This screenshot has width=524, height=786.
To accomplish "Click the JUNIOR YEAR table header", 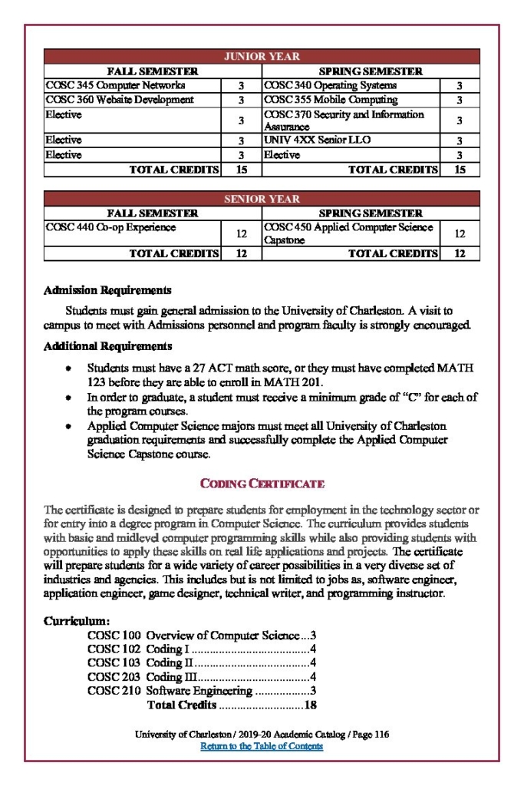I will [x=262, y=57].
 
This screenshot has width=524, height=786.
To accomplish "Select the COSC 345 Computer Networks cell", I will [x=116, y=85].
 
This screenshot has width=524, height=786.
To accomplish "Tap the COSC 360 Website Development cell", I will [x=120, y=100].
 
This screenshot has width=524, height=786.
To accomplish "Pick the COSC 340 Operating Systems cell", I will [x=331, y=85].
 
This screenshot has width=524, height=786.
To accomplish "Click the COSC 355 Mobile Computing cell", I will [x=331, y=100].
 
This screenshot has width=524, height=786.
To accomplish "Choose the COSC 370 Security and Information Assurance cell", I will [x=344, y=120].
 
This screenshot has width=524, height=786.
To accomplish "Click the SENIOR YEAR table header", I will [x=262, y=199].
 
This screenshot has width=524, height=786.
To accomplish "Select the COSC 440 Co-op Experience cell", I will [x=110, y=227].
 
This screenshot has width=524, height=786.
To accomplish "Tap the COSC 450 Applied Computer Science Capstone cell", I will [x=348, y=233].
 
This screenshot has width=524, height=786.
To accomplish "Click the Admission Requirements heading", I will [x=107, y=291].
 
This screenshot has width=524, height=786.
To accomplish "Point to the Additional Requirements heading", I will [x=108, y=346].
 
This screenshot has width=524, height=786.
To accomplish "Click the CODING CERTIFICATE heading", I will [x=262, y=484].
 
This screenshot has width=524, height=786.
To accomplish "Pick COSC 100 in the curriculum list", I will [x=114, y=636].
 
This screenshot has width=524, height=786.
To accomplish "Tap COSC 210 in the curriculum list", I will [x=114, y=691].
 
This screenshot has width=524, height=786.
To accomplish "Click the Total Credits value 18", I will [x=311, y=705].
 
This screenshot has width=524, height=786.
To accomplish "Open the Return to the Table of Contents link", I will [x=262, y=746].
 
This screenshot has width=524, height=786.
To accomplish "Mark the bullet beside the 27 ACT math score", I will [x=68, y=369].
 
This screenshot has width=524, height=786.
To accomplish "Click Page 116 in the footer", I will [x=370, y=735].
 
